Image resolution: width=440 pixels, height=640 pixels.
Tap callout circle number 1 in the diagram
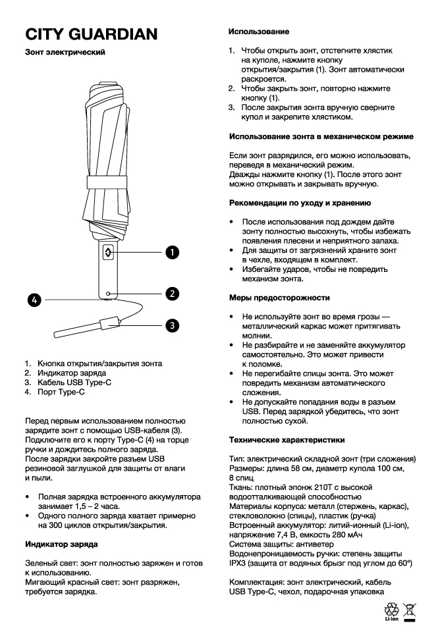point(171,252)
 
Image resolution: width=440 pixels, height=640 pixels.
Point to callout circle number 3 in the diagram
point(171,324)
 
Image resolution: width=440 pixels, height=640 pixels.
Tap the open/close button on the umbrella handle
point(109,253)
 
